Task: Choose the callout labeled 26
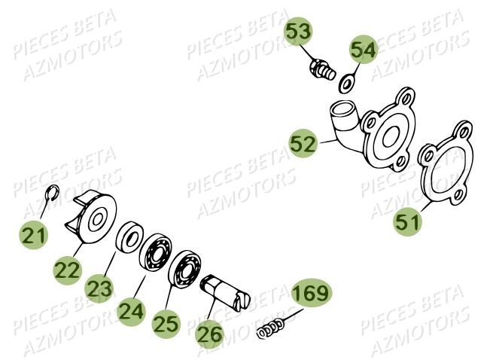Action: pos(210,331)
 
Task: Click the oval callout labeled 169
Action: pos(310,297)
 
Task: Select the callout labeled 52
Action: pos(303,144)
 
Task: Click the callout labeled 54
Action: pos(362,50)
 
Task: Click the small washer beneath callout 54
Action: pos(348,81)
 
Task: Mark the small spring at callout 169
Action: pos(271,328)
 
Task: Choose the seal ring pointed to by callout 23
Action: pos(129,238)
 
